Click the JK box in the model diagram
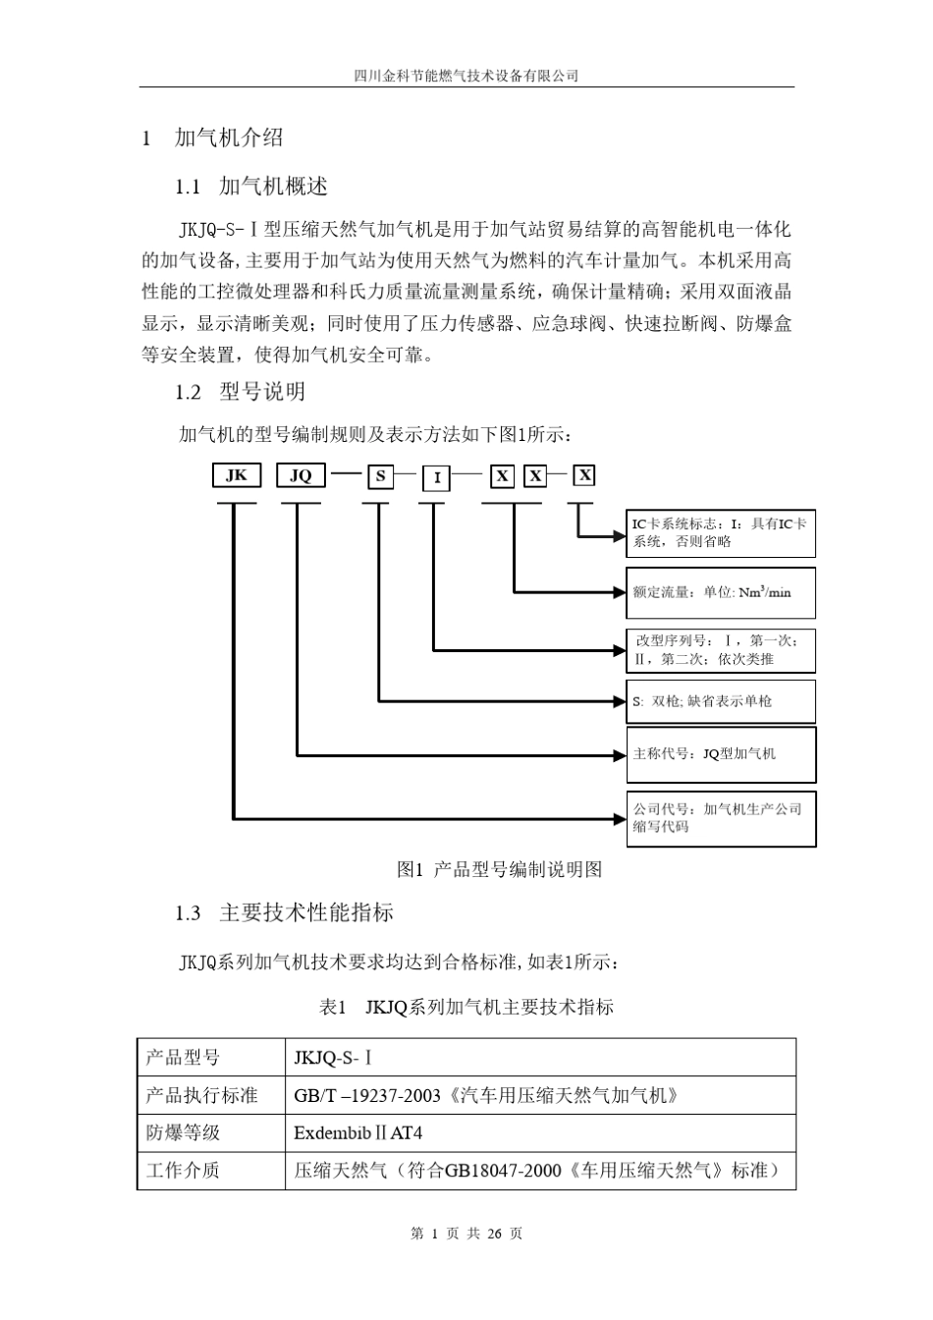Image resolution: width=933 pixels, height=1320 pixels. tap(237, 475)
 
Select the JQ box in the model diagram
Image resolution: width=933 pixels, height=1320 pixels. tap(301, 475)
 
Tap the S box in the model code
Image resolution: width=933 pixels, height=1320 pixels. tap(379, 477)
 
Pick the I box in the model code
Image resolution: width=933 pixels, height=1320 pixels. tap(436, 478)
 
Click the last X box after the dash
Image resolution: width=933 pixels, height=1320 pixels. tap(584, 475)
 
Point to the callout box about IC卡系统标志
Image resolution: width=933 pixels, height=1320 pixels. tap(720, 533)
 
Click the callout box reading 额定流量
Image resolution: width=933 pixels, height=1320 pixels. tap(720, 592)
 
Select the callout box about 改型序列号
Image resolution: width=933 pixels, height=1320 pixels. tap(720, 650)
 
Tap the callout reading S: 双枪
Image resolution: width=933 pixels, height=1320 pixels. tap(720, 701)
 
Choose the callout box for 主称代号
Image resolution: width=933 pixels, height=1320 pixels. tap(720, 754)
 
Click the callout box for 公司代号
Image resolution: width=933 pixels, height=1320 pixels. tap(720, 818)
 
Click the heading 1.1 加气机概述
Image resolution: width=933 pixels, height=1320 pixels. tap(250, 187)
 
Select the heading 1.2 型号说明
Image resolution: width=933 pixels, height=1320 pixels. tap(240, 392)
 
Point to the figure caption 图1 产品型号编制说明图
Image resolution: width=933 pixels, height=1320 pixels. tap(499, 869)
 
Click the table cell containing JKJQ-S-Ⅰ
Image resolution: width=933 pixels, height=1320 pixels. tap(334, 1058)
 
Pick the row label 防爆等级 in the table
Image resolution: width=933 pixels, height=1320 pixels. tap(184, 1132)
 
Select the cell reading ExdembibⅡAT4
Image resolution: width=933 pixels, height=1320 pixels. tap(357, 1132)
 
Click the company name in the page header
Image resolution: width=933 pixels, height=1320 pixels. tap(466, 76)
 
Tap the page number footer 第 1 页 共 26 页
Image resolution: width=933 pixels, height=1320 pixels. tap(466, 1234)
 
